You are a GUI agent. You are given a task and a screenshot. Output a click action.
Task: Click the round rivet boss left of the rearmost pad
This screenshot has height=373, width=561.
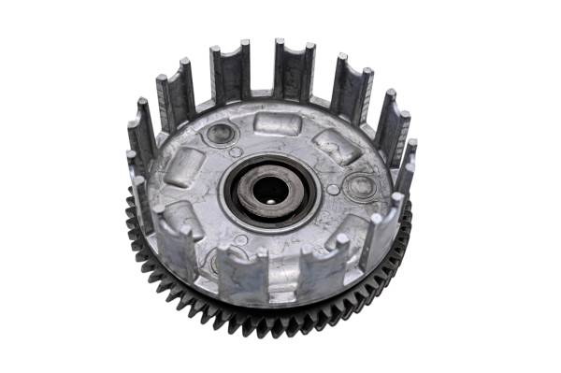(x=222, y=133)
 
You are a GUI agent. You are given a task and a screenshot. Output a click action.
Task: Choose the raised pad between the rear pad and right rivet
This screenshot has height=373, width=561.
(x=335, y=146)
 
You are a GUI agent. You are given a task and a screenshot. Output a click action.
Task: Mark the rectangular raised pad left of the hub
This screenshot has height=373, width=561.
(x=185, y=167)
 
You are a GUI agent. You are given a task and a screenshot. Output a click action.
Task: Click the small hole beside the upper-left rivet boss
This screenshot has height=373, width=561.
(x=236, y=151)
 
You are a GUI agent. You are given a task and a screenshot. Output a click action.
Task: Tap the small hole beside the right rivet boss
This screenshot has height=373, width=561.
(x=334, y=190)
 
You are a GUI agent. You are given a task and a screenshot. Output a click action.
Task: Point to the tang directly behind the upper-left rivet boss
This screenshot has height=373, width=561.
(x=229, y=75)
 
